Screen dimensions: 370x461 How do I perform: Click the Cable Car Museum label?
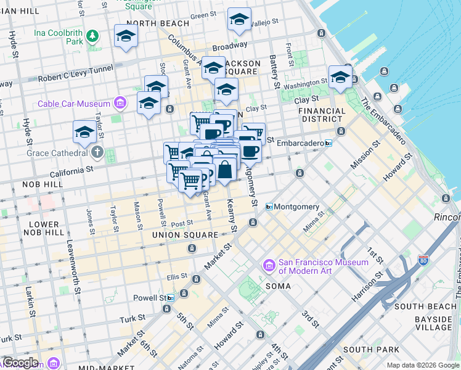click(x=75, y=104)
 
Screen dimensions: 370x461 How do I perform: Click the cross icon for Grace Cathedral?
click(x=97, y=152)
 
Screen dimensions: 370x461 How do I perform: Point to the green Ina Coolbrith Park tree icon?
click(x=92, y=36)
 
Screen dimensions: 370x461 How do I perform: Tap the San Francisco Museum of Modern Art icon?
click(x=269, y=265)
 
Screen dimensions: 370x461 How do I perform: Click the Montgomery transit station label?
click(x=296, y=207)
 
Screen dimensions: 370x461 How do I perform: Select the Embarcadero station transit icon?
click(x=328, y=143)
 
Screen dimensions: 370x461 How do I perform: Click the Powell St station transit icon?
click(x=170, y=297)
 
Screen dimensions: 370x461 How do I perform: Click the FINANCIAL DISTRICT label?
click(x=322, y=115)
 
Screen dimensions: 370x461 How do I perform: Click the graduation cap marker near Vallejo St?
click(x=239, y=20)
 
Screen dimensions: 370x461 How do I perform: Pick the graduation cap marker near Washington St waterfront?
click(x=340, y=78)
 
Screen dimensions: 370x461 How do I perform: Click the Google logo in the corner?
click(x=20, y=363)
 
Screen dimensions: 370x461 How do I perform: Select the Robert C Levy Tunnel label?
click(x=74, y=78)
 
